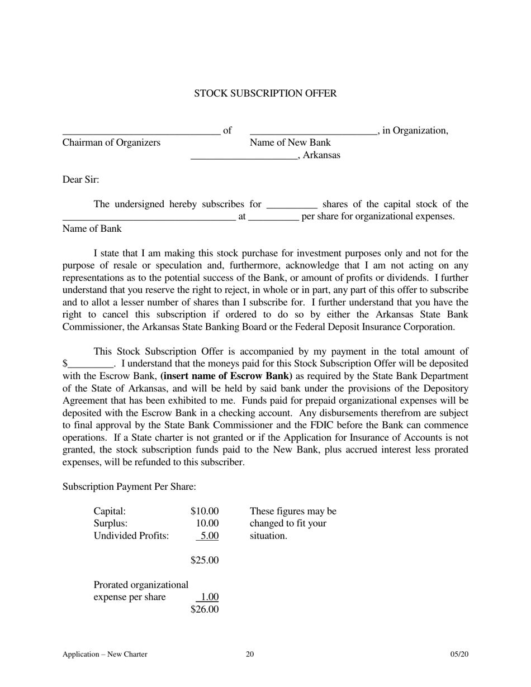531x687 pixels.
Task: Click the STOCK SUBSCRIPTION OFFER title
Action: pyautogui.click(x=265, y=93)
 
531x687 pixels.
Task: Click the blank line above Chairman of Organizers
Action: pyautogui.click(x=141, y=134)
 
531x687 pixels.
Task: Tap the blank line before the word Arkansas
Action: pyautogui.click(x=244, y=159)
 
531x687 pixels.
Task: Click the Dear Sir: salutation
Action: pyautogui.click(x=80, y=180)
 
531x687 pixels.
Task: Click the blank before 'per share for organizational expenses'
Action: pyautogui.click(x=273, y=220)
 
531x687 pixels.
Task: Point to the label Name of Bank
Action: pyautogui.click(x=92, y=228)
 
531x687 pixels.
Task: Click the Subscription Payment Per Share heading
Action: pyautogui.click(x=129, y=486)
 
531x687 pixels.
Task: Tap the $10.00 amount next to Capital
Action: pyautogui.click(x=204, y=511)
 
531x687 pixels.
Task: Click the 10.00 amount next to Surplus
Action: pyautogui.click(x=207, y=523)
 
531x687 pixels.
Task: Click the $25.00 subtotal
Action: pyautogui.click(x=204, y=560)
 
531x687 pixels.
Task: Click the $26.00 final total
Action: pyautogui.click(x=204, y=609)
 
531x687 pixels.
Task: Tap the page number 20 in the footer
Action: pyautogui.click(x=250, y=655)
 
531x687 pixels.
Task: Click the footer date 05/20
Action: pyautogui.click(x=459, y=655)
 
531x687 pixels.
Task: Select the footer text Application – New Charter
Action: pyautogui.click(x=105, y=655)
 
